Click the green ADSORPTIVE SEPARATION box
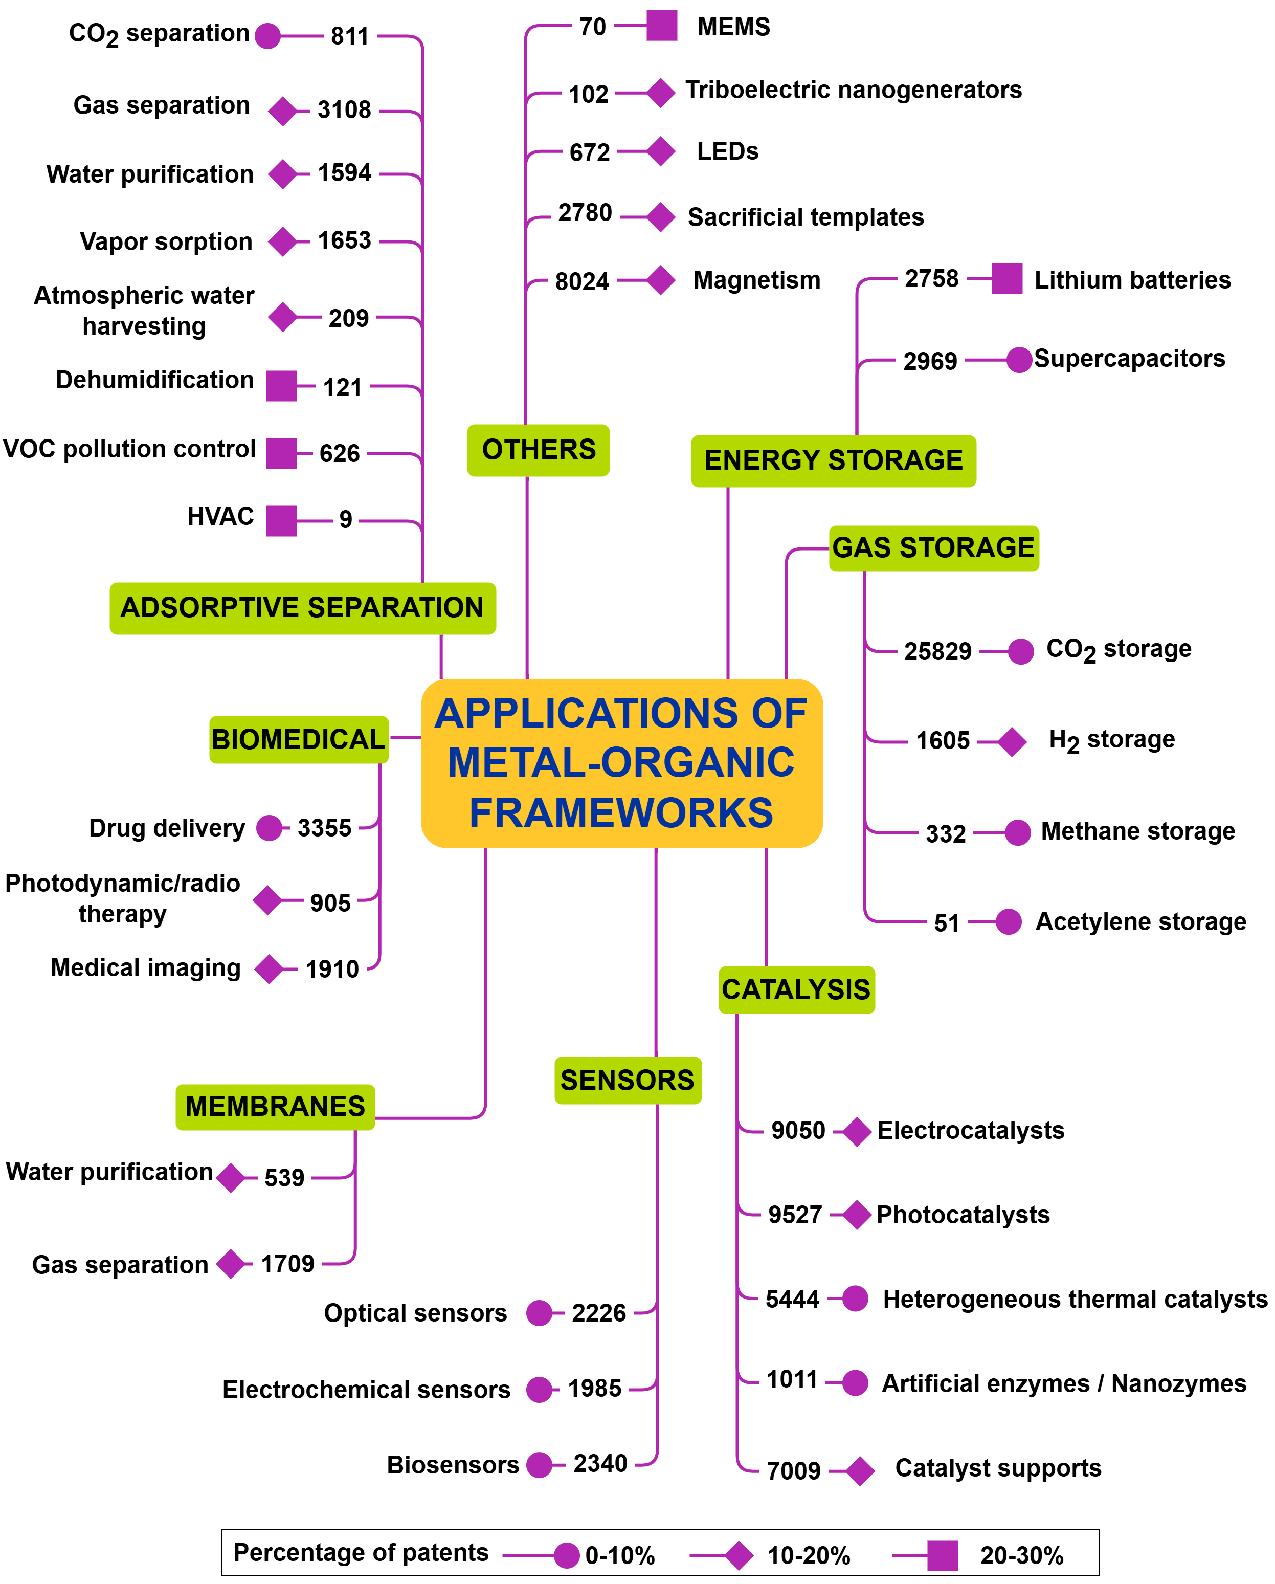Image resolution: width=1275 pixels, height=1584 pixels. click(302, 608)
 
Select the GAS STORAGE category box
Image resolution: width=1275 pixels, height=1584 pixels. click(933, 548)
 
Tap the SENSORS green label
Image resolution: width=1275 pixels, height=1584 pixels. click(627, 1080)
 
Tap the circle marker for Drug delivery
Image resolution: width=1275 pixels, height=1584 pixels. click(269, 828)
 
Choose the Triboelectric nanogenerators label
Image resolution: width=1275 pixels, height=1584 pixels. click(853, 90)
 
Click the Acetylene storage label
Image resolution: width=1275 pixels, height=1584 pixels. click(1140, 921)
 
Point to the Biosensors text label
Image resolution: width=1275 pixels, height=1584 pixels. click(453, 1464)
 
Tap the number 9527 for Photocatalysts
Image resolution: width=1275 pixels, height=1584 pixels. click(795, 1215)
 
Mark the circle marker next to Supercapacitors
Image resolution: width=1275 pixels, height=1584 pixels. click(1019, 360)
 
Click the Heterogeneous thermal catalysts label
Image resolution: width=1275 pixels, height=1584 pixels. click(1075, 1299)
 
